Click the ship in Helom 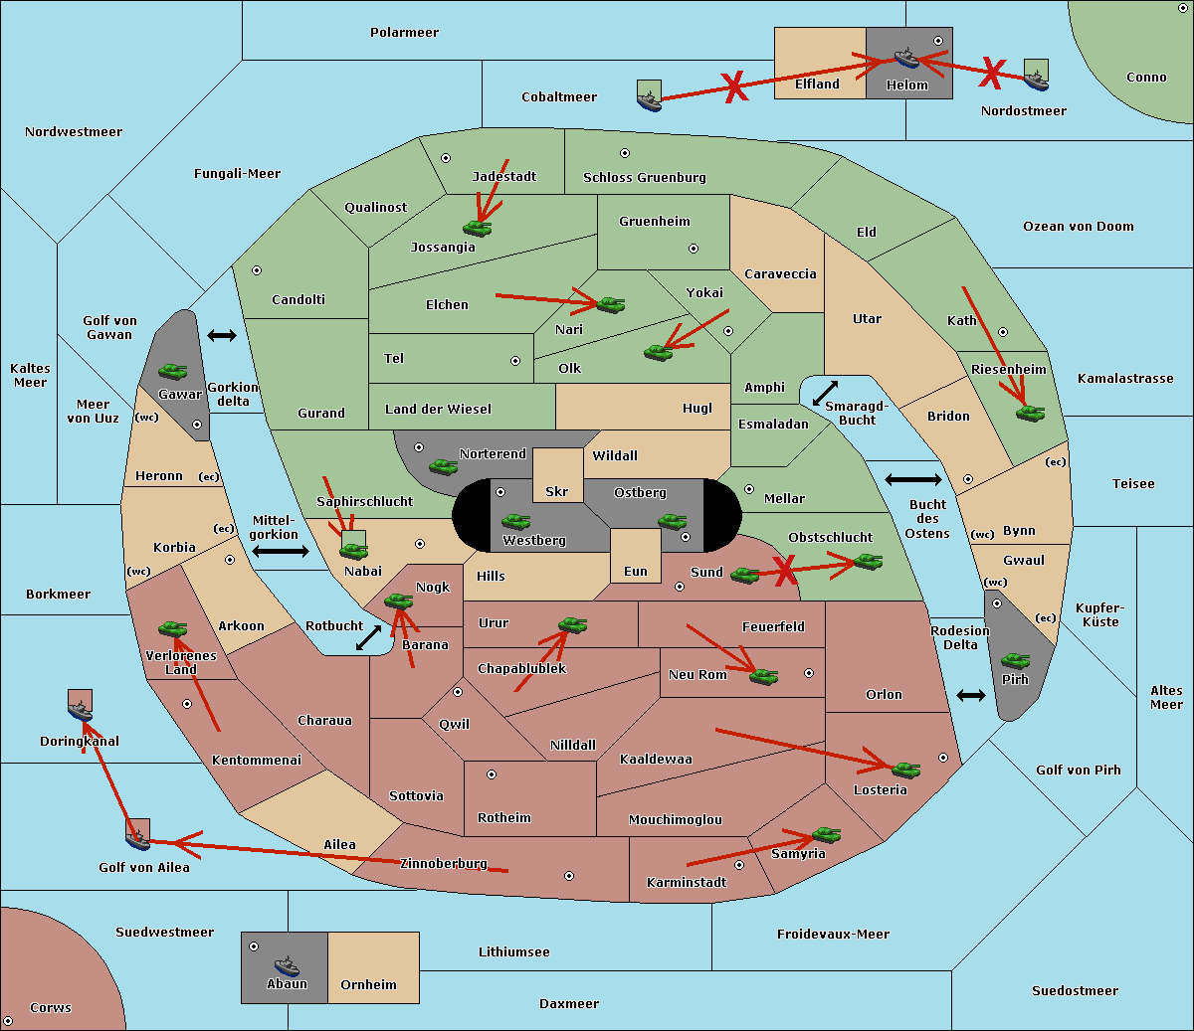pyautogui.click(x=906, y=58)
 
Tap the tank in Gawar pyautogui.click(x=172, y=371)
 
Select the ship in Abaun pyautogui.click(x=287, y=965)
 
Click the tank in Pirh pyautogui.click(x=1015, y=660)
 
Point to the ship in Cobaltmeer pyautogui.click(x=649, y=100)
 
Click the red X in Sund pyautogui.click(x=784, y=571)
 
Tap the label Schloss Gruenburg pyautogui.click(x=644, y=177)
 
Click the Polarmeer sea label pyautogui.click(x=404, y=33)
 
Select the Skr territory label pyautogui.click(x=556, y=491)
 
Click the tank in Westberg pyautogui.click(x=515, y=521)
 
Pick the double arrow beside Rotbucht pyautogui.click(x=368, y=637)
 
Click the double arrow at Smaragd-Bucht pyautogui.click(x=825, y=393)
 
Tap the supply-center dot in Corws pyautogui.click(x=8, y=1021)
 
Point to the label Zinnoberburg pyautogui.click(x=444, y=863)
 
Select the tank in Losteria pyautogui.click(x=905, y=770)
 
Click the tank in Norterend pyautogui.click(x=443, y=466)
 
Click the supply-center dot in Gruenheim pyautogui.click(x=694, y=249)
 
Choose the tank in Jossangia pyautogui.click(x=478, y=228)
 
